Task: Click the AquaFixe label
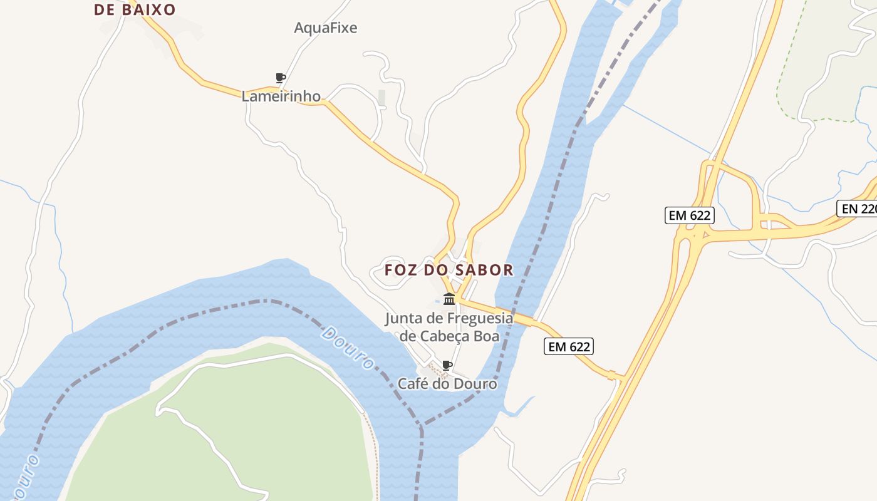325,28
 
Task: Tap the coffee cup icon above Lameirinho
281,78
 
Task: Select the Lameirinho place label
281,96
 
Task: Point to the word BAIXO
149,9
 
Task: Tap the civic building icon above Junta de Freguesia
449,299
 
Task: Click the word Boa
487,336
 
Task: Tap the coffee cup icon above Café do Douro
447,365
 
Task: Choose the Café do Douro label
447,383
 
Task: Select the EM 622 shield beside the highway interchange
689,215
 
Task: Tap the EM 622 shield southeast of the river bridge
568,346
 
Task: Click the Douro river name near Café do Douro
348,348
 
